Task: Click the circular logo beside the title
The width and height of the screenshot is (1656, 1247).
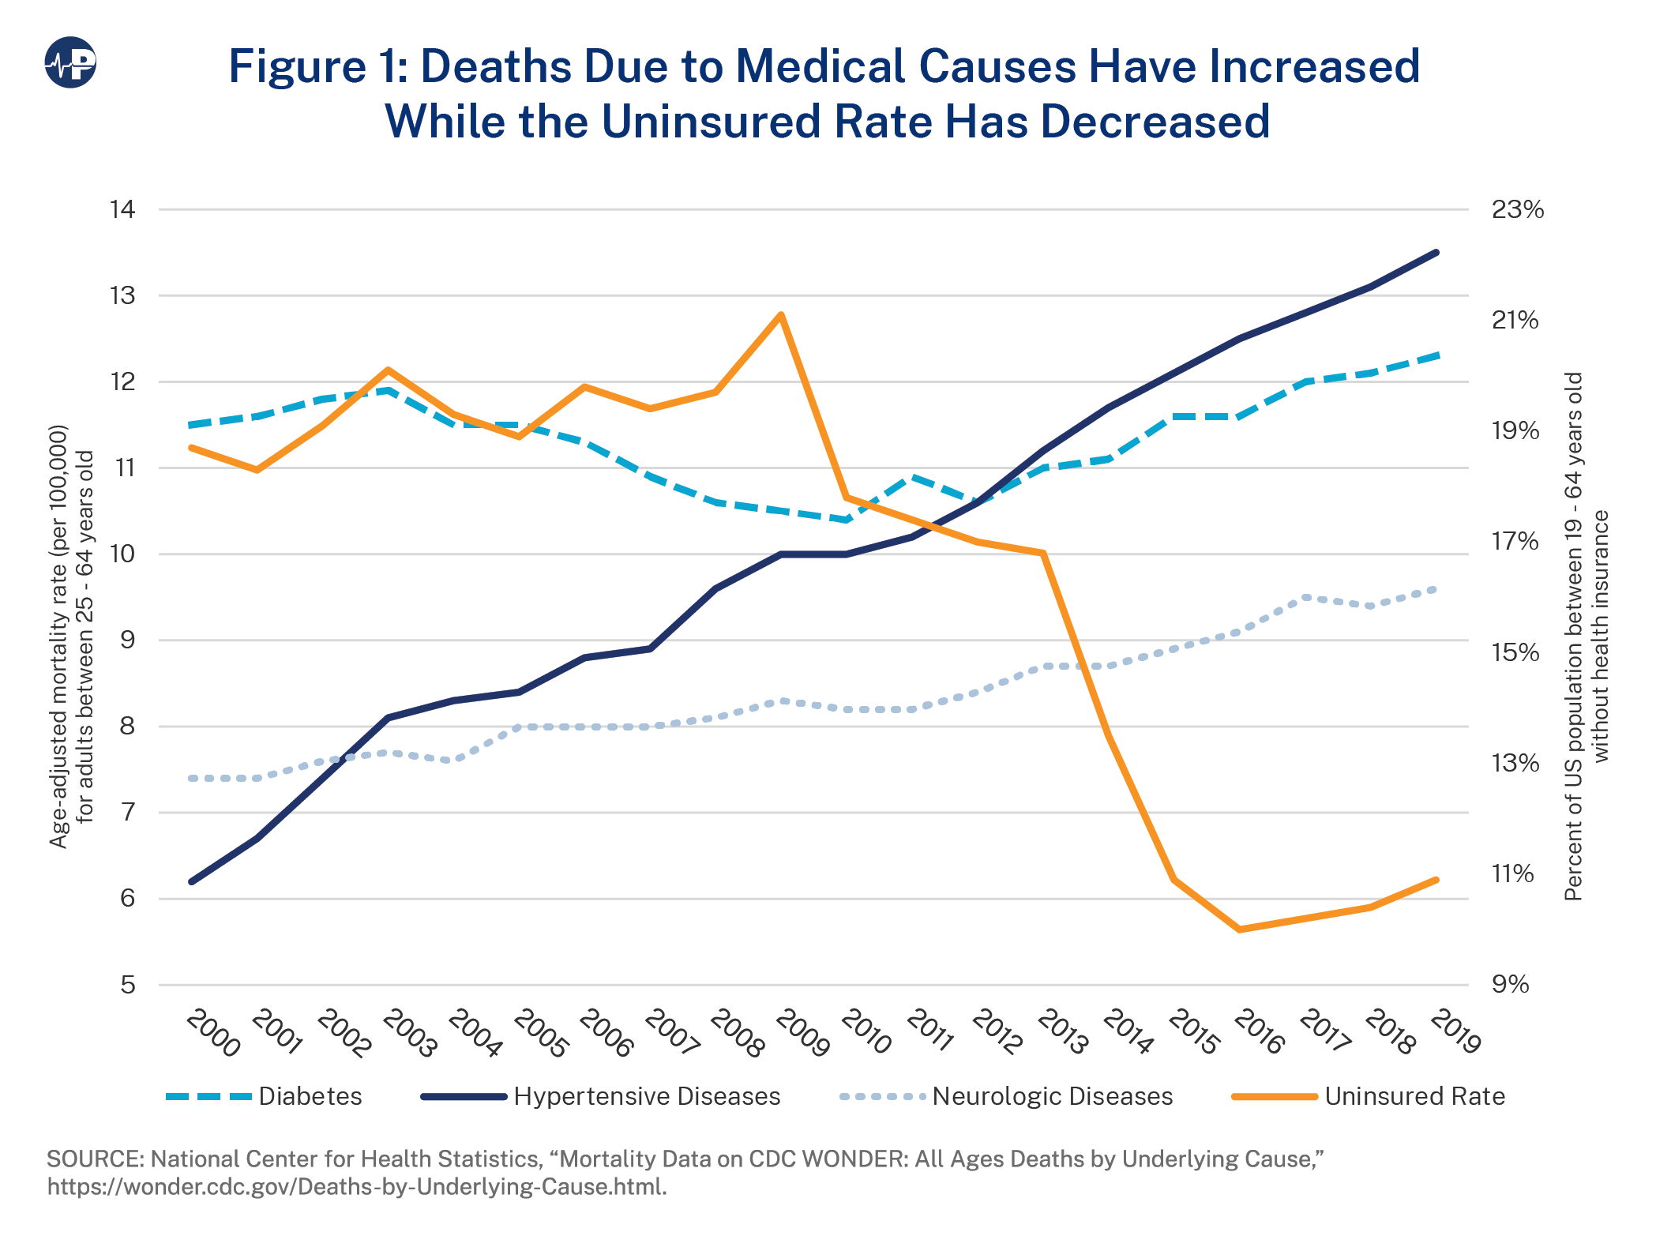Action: tap(70, 62)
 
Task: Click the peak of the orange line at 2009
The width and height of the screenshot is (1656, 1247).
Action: tap(780, 315)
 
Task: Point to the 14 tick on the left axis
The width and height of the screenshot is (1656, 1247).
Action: tap(122, 209)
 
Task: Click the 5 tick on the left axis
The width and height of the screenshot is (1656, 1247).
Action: tap(127, 985)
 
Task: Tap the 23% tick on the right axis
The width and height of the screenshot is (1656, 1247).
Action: tap(1517, 209)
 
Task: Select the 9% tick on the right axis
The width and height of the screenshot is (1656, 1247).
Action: tap(1510, 985)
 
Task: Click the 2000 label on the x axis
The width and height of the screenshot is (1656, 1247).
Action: tap(212, 1033)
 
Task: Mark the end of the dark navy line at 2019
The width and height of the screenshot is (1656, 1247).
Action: tap(1436, 253)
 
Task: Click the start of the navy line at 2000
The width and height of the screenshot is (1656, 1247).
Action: tap(192, 881)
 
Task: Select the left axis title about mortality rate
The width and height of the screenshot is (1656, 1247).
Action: tap(71, 636)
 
